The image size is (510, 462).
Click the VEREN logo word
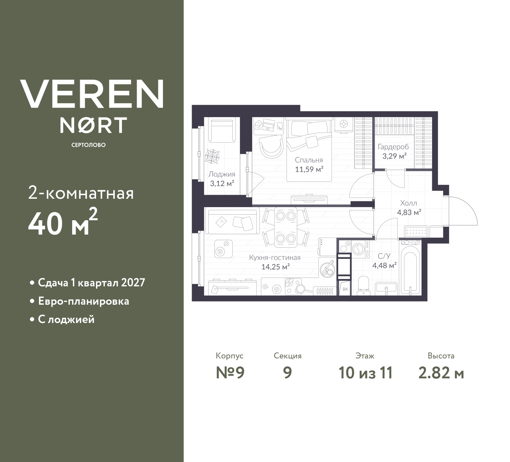[x=92, y=94]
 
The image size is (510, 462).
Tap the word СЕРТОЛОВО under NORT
[x=88, y=145]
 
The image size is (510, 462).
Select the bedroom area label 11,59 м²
[x=309, y=169]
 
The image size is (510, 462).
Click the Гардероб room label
[x=393, y=147]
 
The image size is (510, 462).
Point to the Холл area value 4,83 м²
[x=409, y=213]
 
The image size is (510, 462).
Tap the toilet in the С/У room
[x=363, y=286]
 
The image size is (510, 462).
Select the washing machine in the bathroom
[x=359, y=249]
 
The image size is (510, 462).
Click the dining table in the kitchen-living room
[x=285, y=227]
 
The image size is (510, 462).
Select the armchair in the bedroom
[x=271, y=147]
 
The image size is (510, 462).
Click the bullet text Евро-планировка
[x=83, y=301]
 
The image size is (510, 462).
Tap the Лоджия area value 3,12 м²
[x=222, y=184]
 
